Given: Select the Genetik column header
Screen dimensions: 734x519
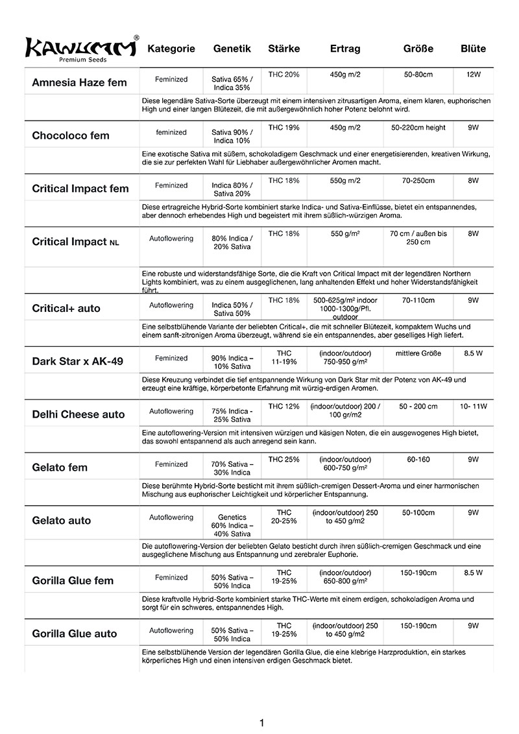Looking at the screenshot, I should [232, 49].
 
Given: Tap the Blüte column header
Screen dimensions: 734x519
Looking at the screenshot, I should [473, 49].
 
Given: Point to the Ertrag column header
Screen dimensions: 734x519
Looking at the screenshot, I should [345, 49].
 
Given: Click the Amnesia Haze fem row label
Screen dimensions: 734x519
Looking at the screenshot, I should [79, 82].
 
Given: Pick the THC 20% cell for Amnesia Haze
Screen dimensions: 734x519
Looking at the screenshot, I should [284, 75].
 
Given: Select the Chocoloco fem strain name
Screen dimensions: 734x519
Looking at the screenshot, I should [71, 136].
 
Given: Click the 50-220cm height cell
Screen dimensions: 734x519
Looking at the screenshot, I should [418, 128].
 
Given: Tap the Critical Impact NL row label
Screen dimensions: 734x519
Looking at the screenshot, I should [76, 242].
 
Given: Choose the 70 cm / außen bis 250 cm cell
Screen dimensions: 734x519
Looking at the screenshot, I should [418, 237].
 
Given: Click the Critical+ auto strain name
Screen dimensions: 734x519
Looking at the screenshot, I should [66, 308].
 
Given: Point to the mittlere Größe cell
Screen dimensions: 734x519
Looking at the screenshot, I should [418, 353].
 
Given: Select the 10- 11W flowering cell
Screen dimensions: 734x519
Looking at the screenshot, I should [473, 407].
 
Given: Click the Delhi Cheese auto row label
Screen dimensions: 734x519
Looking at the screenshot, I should [78, 414].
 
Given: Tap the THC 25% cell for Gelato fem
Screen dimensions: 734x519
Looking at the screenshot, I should [284, 460].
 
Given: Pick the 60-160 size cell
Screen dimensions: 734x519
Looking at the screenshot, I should [418, 460].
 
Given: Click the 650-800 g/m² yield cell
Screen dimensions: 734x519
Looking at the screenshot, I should [345, 578].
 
